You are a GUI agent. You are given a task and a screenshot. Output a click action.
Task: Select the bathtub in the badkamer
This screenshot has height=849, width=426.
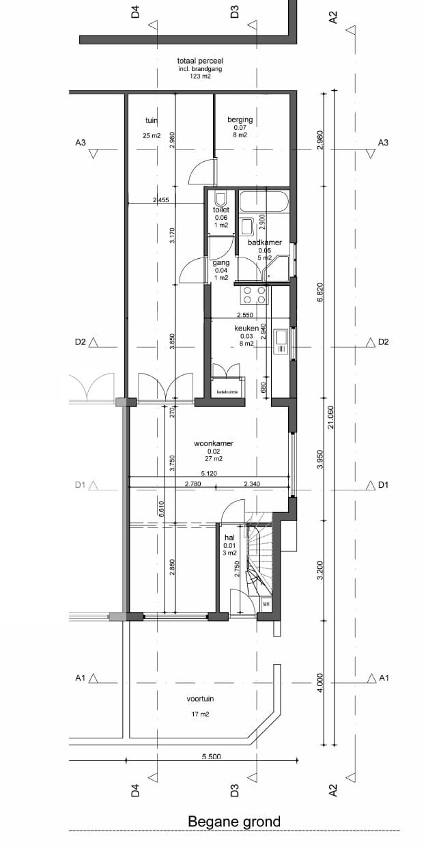pyautogui.click(x=266, y=202)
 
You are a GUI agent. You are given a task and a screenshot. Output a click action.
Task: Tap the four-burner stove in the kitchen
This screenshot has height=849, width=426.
pyautogui.click(x=255, y=295)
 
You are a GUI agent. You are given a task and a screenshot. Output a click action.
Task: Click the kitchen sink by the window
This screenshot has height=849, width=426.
pyautogui.click(x=280, y=342)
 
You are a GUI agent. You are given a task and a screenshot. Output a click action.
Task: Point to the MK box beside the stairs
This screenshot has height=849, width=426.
pyautogui.click(x=266, y=604)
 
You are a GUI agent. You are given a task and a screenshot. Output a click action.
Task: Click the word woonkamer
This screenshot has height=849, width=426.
pyautogui.click(x=214, y=443)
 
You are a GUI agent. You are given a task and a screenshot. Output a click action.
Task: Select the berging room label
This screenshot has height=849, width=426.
pyautogui.click(x=240, y=120)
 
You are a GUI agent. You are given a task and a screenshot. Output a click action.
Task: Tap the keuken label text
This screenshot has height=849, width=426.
pyautogui.click(x=246, y=329)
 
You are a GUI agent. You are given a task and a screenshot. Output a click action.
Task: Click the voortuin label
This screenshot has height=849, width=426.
pyautogui.click(x=200, y=699)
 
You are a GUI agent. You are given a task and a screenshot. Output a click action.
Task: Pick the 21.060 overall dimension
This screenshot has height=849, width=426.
pyautogui.click(x=330, y=417)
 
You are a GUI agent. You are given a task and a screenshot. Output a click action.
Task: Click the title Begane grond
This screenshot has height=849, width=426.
pyautogui.click(x=233, y=822)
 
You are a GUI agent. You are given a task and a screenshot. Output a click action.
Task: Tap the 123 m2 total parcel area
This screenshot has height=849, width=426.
pyautogui.click(x=200, y=77)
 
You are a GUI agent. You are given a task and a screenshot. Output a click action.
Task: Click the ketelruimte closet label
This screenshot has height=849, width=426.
pyautogui.click(x=225, y=392)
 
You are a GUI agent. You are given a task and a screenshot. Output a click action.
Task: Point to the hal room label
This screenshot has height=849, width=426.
pyautogui.click(x=229, y=538)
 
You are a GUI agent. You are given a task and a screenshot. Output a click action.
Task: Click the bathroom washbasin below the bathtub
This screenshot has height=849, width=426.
pyautogui.click(x=246, y=226)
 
